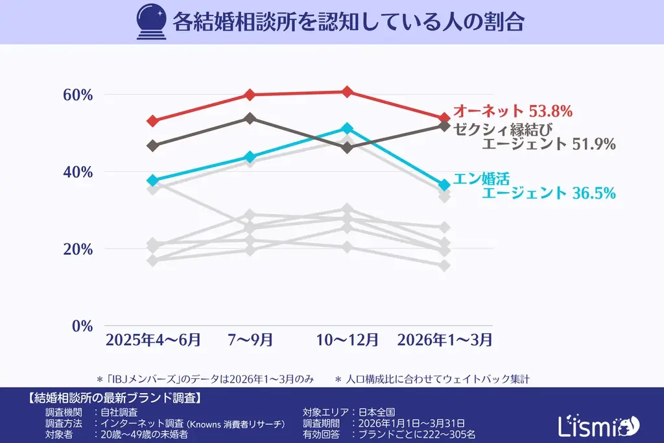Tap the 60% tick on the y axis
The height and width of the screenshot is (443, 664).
pos(78,95)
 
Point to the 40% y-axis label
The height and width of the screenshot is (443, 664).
pos(78,172)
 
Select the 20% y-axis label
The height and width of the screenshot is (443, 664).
pos(78,249)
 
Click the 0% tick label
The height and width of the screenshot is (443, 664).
pos(82,326)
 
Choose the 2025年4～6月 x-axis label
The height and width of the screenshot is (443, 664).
pos(153,339)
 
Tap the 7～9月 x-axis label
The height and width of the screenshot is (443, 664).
pos(250,339)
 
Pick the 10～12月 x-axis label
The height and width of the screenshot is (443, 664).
pos(347,339)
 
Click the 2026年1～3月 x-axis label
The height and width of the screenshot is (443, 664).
pos(444,339)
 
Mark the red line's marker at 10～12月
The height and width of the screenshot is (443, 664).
pos(347,91)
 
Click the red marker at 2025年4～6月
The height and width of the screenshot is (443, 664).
pos(153,121)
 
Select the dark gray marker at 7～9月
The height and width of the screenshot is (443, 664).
pos(250,118)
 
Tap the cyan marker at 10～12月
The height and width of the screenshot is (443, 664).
pos(347,128)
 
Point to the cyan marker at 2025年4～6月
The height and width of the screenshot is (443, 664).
pos(153,180)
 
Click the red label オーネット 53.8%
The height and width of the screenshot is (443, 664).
pos(512,111)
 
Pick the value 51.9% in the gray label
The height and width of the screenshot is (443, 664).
pos(593,144)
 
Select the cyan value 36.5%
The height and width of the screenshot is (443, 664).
pos(593,193)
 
